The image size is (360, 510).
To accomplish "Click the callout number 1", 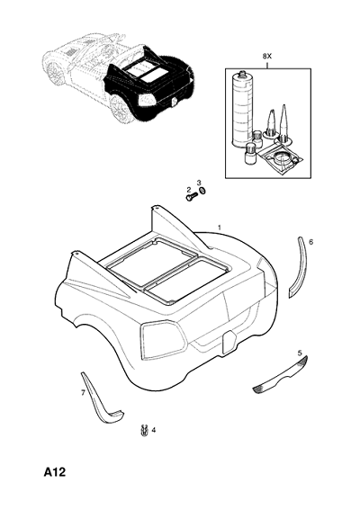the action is [x=220, y=228].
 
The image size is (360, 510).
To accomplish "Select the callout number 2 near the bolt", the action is [x=188, y=189].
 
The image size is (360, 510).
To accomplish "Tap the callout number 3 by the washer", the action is [x=199, y=182].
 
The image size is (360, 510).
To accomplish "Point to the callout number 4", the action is [x=154, y=430].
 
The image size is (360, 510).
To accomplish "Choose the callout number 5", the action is [x=300, y=353].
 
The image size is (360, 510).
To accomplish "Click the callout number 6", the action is [x=310, y=242].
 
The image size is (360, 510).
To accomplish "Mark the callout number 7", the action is [x=83, y=393].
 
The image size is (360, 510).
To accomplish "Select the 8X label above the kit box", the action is [x=267, y=57].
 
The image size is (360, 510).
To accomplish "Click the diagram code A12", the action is [x=55, y=472].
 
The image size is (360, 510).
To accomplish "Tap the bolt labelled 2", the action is [x=192, y=196].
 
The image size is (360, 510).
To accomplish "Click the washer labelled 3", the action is [x=202, y=191].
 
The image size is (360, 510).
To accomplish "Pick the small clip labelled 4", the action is [x=144, y=431].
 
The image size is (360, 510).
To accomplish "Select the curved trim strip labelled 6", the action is [x=300, y=267].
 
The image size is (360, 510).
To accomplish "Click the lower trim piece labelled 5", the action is [x=281, y=377].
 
